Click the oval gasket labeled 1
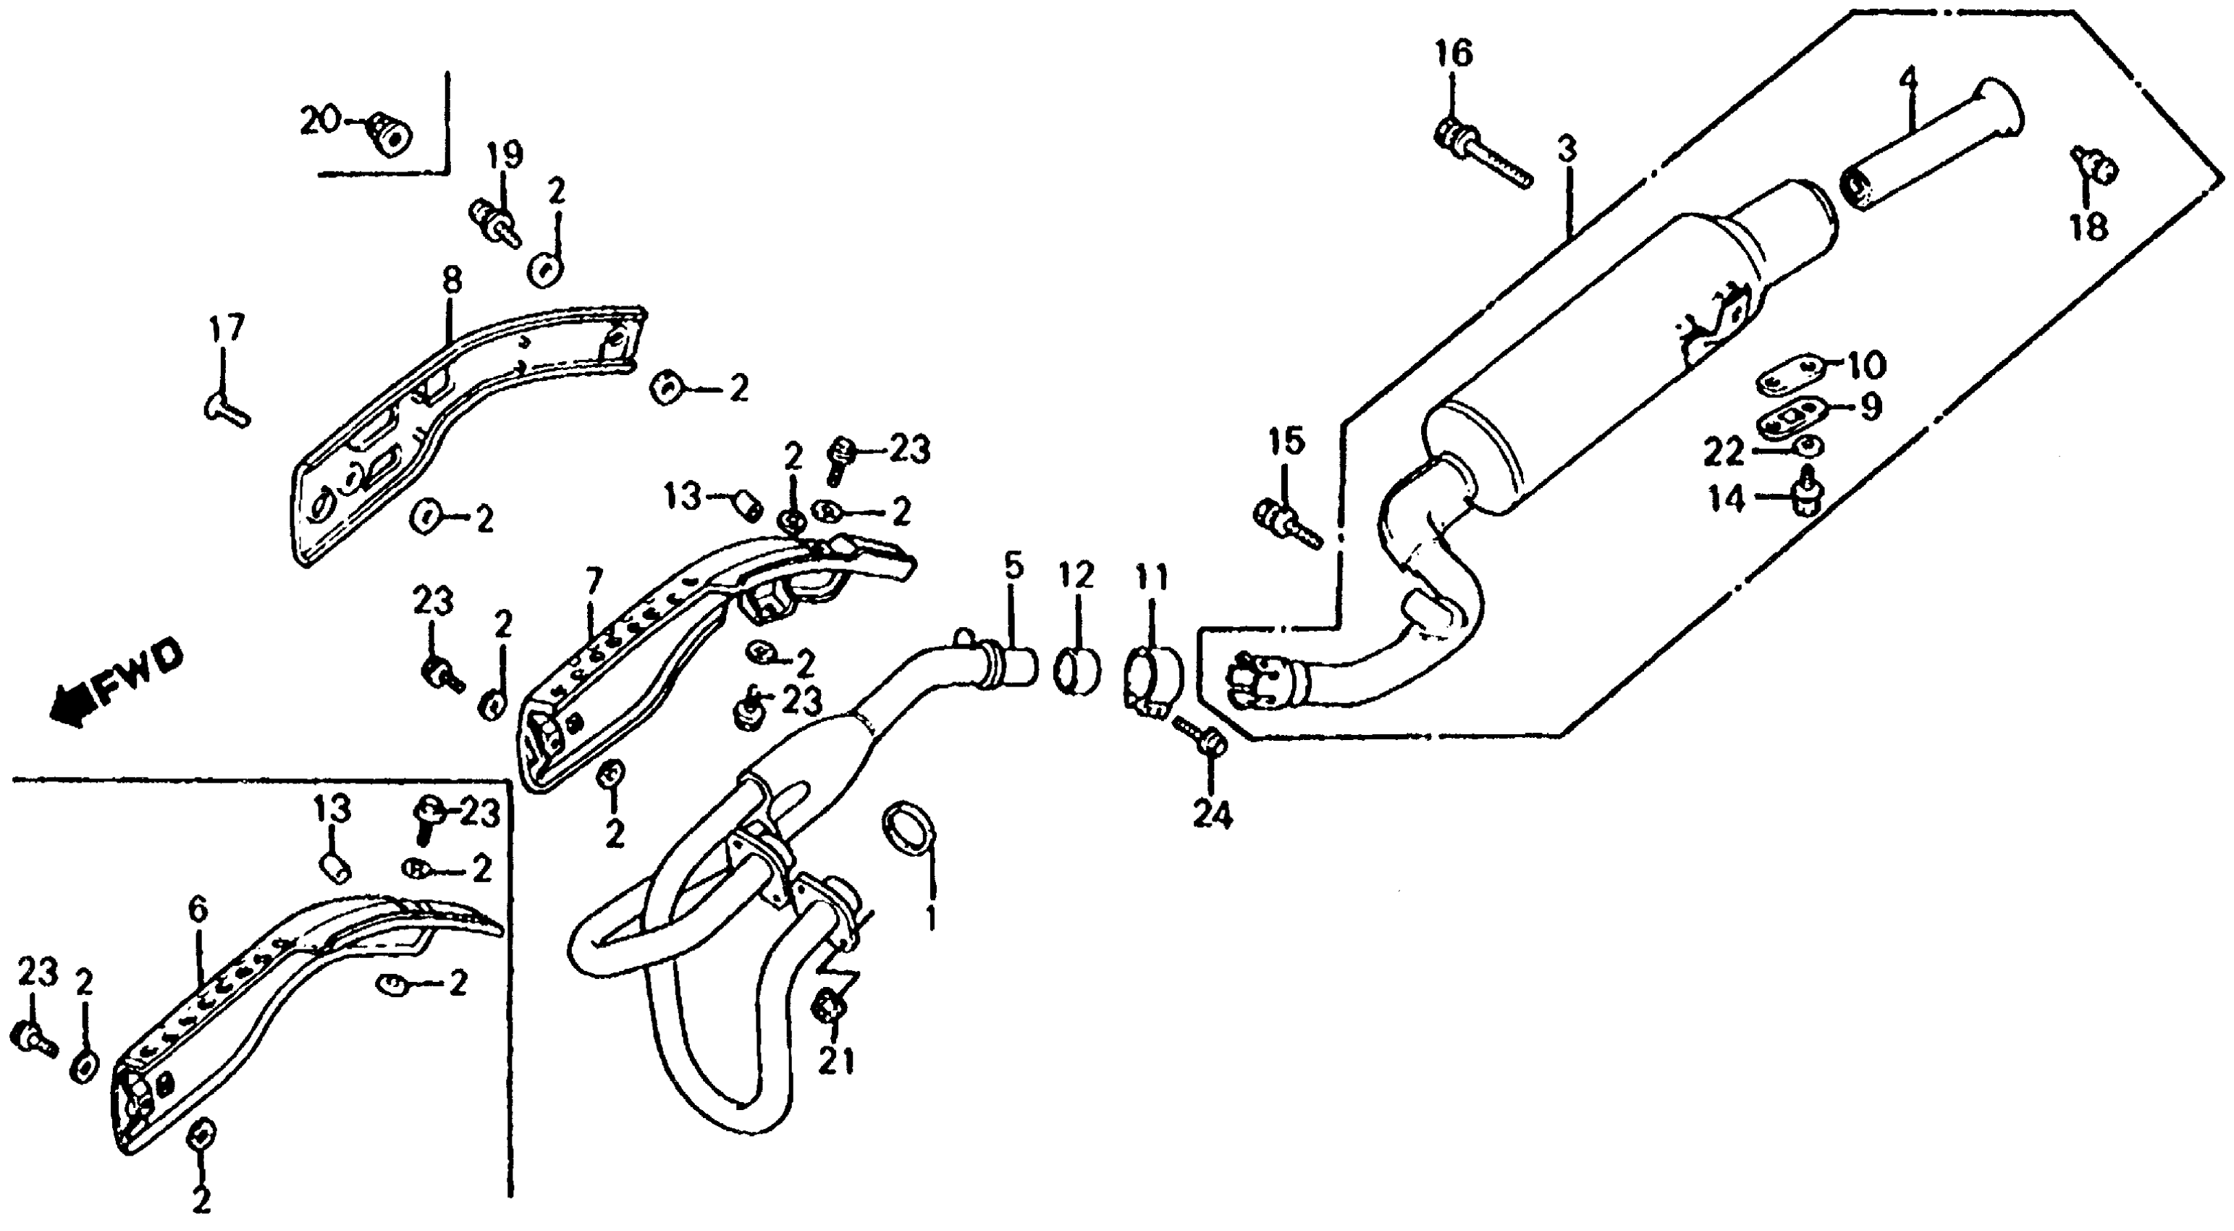pyautogui.click(x=907, y=828)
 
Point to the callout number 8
pyautogui.click(x=451, y=280)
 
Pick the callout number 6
pyautogui.click(x=198, y=911)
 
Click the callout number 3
pyautogui.click(x=1565, y=150)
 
